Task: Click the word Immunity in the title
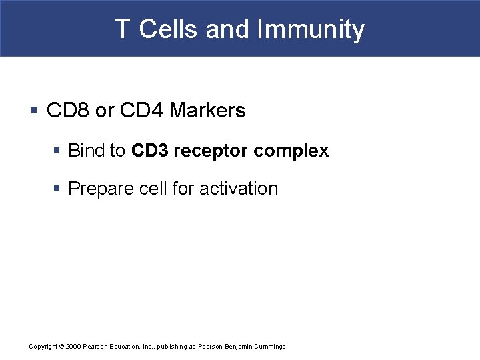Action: pos(311,29)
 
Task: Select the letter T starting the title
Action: pos(122,29)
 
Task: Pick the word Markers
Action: pos(207,111)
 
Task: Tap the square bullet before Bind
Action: pos(58,151)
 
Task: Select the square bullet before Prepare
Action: pos(58,189)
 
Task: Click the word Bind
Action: pos(88,151)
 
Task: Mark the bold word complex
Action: pos(291,151)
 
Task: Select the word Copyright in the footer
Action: pos(43,347)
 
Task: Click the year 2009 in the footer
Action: pos(73,347)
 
